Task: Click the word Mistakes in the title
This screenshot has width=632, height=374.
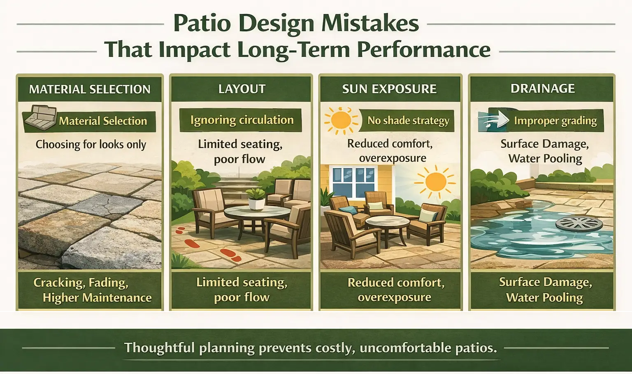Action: (x=370, y=23)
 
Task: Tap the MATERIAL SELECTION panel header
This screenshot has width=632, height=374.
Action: (x=90, y=89)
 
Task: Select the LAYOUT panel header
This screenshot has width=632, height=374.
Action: (x=242, y=89)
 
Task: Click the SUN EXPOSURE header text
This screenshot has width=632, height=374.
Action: (x=389, y=89)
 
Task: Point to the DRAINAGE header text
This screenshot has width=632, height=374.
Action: (x=542, y=89)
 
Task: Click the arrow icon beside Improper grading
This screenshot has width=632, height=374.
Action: (x=495, y=120)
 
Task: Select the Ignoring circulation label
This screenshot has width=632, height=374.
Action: (x=242, y=120)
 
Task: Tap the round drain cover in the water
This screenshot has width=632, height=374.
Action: (x=579, y=225)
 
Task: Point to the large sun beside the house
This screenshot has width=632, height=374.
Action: (x=435, y=182)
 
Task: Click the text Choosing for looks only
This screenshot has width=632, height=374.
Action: (x=91, y=145)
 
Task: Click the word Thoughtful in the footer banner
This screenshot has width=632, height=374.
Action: (x=159, y=348)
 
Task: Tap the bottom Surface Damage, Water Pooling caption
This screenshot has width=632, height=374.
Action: (x=545, y=290)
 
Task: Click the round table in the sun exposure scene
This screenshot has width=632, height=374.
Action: (x=387, y=223)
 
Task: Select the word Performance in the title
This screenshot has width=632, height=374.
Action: (x=423, y=50)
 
